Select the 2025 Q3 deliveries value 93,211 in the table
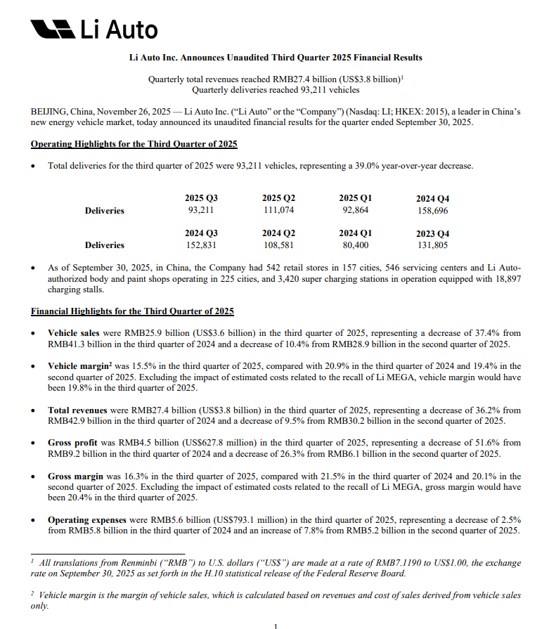click(x=201, y=210)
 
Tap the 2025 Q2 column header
click(x=278, y=199)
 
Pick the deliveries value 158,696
click(x=433, y=211)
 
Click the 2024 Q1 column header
click(x=356, y=233)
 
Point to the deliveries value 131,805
click(x=433, y=245)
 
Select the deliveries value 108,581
click(x=278, y=245)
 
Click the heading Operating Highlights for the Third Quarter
click(x=134, y=144)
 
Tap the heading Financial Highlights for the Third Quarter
click(x=132, y=311)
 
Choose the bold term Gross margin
click(x=75, y=476)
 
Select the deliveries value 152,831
click(x=201, y=245)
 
